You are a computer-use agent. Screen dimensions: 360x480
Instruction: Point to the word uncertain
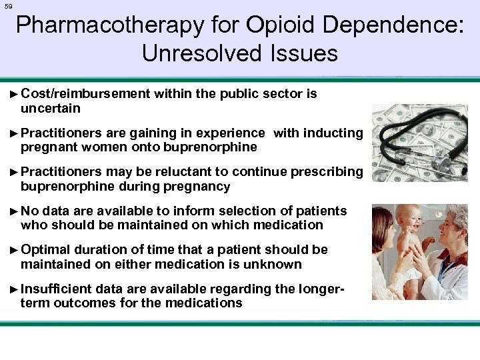51,108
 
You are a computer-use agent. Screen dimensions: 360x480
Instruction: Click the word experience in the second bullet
229,133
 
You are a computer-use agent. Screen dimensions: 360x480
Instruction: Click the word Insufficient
56,289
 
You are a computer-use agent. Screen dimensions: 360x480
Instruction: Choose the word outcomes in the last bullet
87,303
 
